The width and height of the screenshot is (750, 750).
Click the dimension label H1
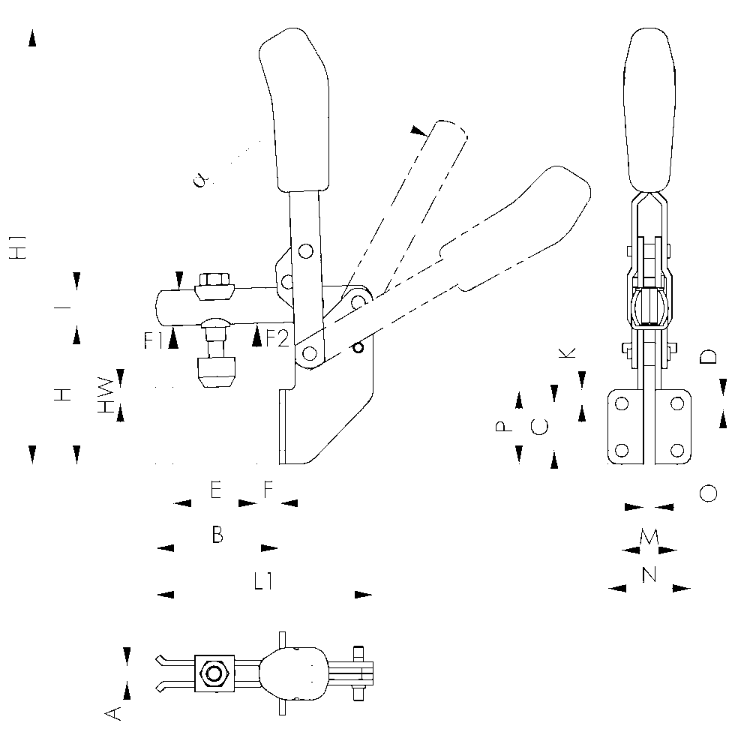18,247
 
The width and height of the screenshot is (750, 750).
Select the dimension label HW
106,395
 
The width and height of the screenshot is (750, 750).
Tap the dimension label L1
263,582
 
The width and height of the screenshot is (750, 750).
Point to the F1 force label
154,340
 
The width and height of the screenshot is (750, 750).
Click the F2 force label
278,339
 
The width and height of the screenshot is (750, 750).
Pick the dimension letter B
217,535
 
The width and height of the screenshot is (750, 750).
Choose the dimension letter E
216,490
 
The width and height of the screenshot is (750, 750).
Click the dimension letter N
649,574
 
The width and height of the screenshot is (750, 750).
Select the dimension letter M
649,537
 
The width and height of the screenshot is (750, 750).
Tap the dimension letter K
567,353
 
